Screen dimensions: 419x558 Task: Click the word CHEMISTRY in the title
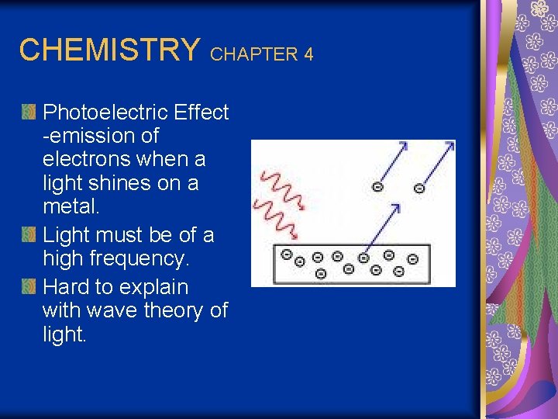coord(109,50)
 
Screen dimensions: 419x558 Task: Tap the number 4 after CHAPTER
coord(308,54)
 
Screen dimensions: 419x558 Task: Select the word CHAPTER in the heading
coord(254,54)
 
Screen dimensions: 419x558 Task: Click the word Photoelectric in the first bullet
coord(105,113)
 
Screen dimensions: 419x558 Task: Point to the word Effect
coord(201,113)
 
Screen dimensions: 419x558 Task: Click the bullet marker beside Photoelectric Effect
coord(29,113)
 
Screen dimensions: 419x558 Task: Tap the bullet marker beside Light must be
coord(29,235)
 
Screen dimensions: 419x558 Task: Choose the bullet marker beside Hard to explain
coord(29,287)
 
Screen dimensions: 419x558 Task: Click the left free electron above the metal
coord(377,187)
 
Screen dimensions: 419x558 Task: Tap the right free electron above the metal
coord(419,187)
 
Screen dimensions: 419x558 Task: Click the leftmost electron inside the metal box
coord(286,254)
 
